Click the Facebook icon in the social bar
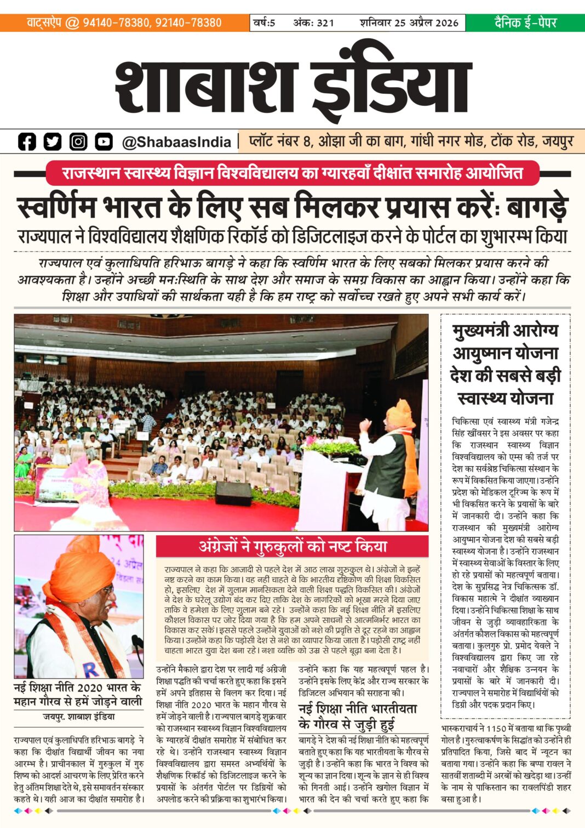(x=27, y=141)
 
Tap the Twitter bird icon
(x=53, y=141)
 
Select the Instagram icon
(x=78, y=141)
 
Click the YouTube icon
(x=104, y=141)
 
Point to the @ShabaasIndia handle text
(x=176, y=142)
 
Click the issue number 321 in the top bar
(x=325, y=22)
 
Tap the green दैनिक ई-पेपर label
(x=525, y=22)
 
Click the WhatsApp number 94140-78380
(x=116, y=22)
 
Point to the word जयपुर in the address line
(x=557, y=141)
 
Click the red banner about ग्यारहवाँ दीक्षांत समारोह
(x=292, y=173)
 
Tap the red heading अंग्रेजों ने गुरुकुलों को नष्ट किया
(x=292, y=546)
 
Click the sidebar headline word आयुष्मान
(x=505, y=353)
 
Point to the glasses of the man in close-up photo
(x=107, y=590)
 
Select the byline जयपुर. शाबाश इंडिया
(x=79, y=717)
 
